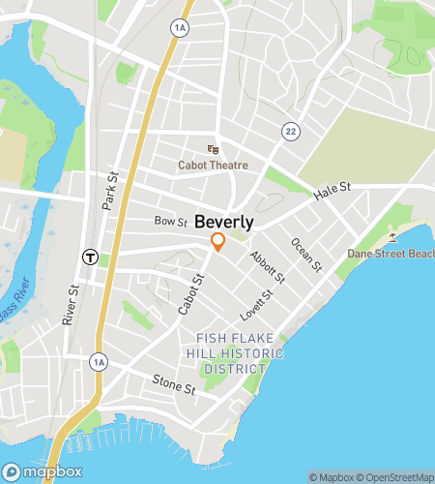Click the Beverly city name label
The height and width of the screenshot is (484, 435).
(227, 221)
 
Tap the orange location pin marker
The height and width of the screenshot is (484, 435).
(218, 242)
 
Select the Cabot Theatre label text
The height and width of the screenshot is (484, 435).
(213, 166)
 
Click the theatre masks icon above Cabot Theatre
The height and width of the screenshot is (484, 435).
(213, 149)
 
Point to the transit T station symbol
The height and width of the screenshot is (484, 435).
(89, 257)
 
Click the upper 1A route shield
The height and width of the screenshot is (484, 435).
(179, 29)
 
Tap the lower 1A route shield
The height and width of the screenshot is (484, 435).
(98, 362)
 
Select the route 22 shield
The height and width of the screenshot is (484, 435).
(290, 130)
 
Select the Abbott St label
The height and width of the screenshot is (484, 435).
(267, 267)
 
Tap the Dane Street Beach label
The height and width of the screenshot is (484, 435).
(391, 254)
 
